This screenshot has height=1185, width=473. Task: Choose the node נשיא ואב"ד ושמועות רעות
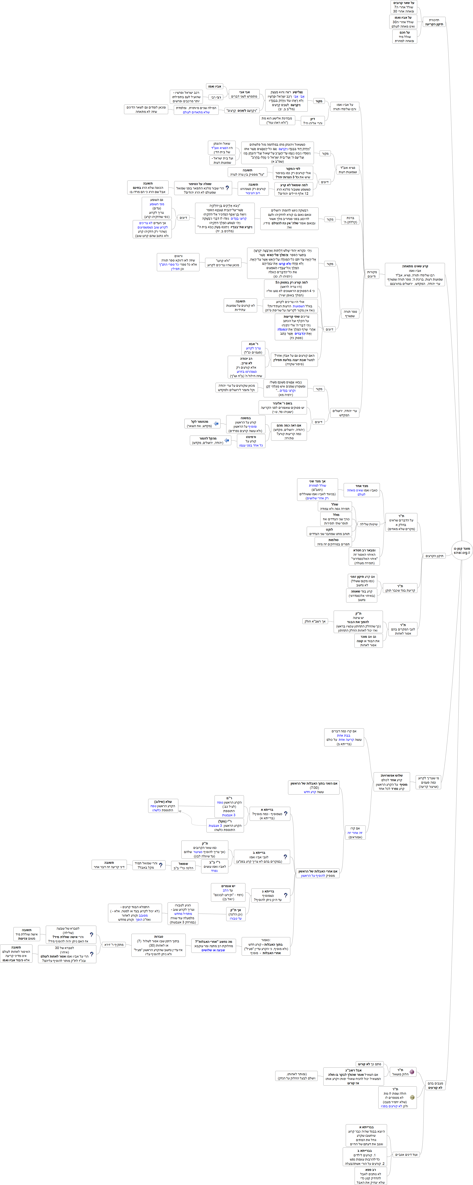point(347,170)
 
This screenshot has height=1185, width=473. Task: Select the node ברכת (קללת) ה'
point(350,220)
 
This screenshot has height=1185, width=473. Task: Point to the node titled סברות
point(159,945)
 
